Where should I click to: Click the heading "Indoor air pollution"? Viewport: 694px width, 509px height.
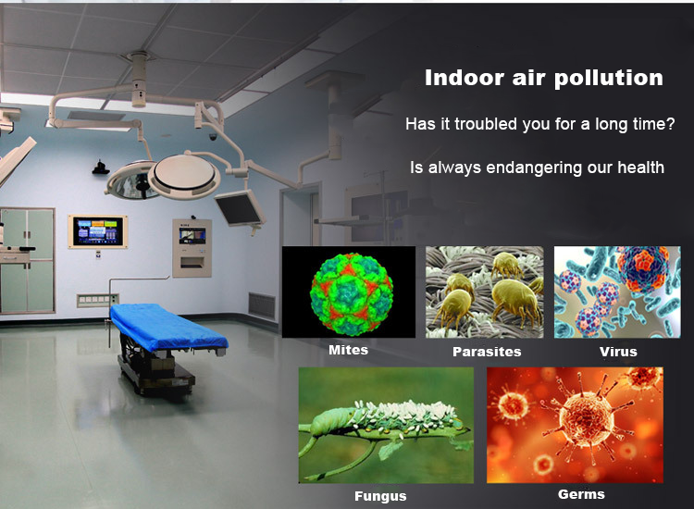[x=544, y=78]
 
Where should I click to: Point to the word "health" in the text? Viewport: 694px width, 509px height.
[x=641, y=168]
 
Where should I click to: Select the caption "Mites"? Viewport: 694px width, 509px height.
[x=348, y=350]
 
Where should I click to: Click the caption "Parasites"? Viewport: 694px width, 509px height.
[x=487, y=352]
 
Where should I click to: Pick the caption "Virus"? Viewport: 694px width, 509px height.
[x=618, y=352]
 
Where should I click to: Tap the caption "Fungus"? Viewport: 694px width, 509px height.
[x=380, y=496]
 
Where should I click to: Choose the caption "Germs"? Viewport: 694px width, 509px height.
[x=581, y=494]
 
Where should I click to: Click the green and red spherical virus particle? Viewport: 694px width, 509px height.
[x=351, y=292]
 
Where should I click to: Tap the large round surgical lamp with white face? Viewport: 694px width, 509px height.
[x=184, y=176]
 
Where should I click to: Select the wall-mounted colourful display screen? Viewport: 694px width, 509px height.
[x=98, y=231]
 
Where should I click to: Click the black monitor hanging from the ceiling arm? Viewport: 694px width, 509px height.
[x=240, y=208]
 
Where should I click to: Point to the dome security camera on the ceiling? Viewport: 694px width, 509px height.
[x=213, y=137]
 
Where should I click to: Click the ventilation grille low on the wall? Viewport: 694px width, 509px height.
[x=262, y=305]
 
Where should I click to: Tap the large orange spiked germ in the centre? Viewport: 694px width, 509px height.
[x=582, y=418]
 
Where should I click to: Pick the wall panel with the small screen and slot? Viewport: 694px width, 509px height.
[x=192, y=248]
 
